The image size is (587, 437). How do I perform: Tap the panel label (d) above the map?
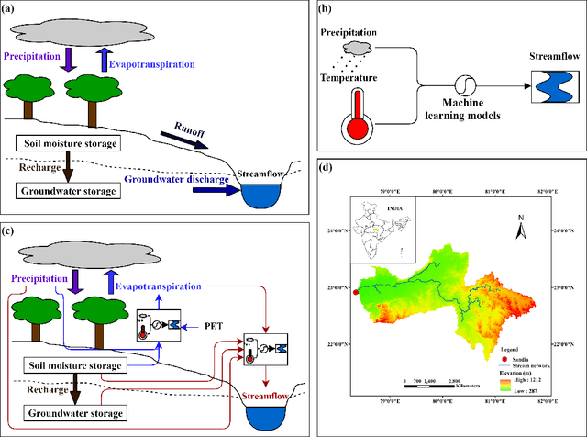pos(323,166)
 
